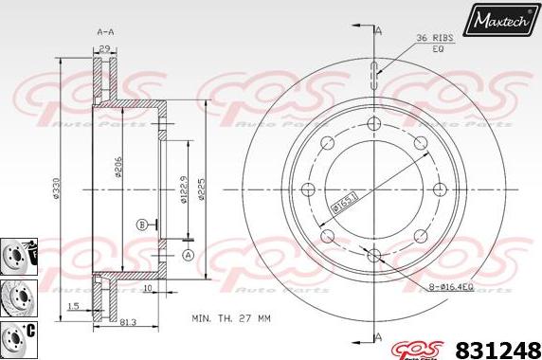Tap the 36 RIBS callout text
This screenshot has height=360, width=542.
434,38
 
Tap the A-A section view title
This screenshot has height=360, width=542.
106,31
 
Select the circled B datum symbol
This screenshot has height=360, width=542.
141,225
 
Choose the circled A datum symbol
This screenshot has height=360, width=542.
188,254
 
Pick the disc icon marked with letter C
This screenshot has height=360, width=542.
17,334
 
